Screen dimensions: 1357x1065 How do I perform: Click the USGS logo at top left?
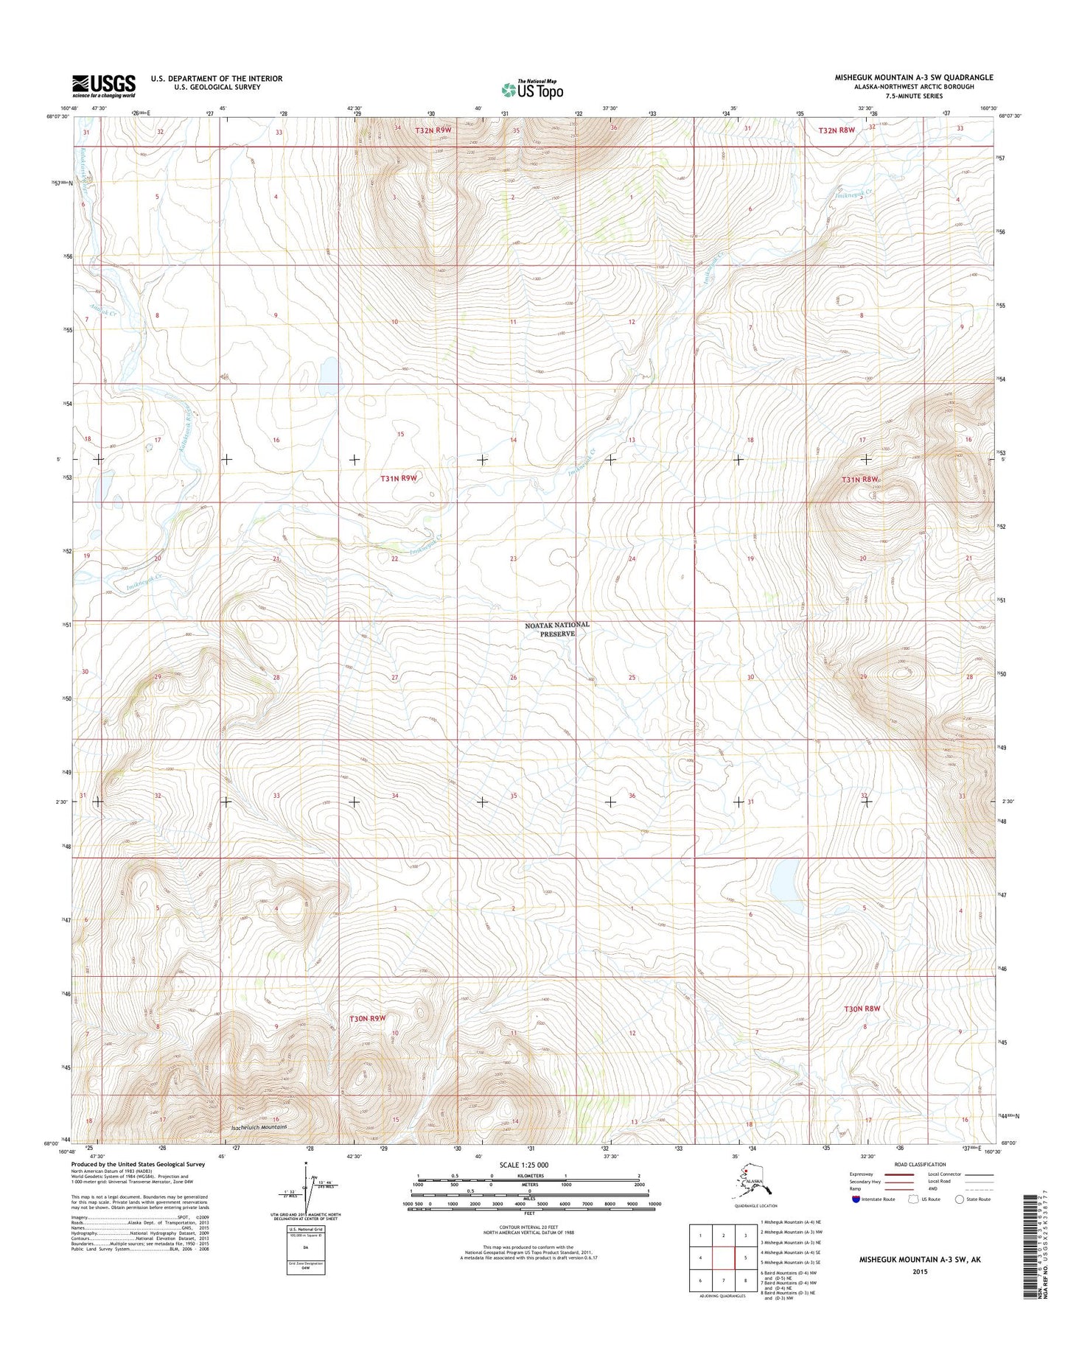pos(103,85)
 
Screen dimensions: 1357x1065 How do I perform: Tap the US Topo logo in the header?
pos(532,90)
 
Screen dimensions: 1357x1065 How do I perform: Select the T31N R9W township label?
pos(399,478)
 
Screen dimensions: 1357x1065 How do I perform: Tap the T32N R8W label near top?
pos(837,130)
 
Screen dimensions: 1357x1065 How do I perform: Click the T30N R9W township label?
pos(368,1018)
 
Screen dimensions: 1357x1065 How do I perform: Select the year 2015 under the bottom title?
pos(919,1271)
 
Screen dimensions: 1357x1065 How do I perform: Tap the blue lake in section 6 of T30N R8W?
pos(783,881)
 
